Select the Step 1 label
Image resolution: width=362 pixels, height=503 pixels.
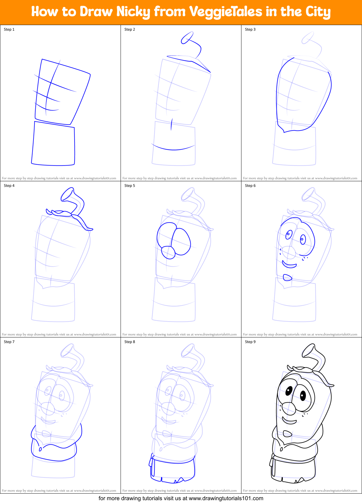9,29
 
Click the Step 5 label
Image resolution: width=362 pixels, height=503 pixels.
130,186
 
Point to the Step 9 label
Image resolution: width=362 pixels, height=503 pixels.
250,342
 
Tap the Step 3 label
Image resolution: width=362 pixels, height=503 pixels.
250,29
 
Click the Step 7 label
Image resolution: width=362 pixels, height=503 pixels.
9,342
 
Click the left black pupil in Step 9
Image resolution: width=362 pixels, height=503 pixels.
289,390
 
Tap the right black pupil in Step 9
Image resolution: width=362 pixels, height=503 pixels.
303,396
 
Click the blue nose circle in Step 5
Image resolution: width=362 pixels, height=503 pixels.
168,252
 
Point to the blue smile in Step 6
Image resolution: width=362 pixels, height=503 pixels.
289,265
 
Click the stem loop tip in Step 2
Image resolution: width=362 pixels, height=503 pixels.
187,38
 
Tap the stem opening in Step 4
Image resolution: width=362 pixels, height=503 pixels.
67,194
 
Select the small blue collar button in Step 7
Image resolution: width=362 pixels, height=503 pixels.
40,449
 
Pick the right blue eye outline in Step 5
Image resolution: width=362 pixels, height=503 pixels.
181,242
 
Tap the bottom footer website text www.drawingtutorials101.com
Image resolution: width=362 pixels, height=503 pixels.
226,498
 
